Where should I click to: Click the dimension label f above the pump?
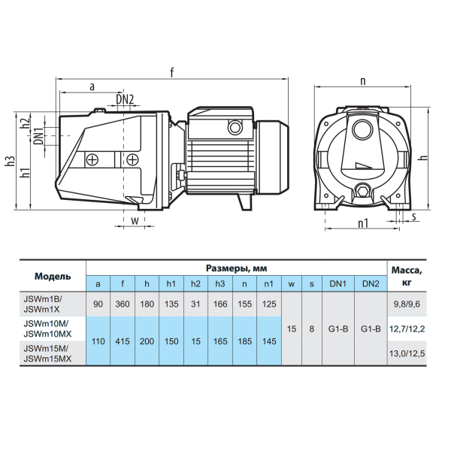tap(172, 72)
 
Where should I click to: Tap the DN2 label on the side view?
tap(125, 99)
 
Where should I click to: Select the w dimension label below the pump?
tap(135, 220)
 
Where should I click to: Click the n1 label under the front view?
tap(363, 223)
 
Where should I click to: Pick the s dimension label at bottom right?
tap(414, 216)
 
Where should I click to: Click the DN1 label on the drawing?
tap(39, 136)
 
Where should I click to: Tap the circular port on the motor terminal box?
tap(235, 126)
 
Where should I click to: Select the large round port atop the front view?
tap(362, 129)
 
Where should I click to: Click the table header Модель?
tap(53, 276)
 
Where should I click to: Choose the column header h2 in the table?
tap(195, 284)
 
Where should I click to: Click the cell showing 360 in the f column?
tap(123, 304)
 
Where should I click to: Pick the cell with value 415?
tap(123, 341)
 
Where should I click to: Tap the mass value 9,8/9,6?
tap(407, 304)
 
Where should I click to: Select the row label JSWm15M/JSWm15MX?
tap(47, 354)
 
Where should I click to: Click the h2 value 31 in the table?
tap(195, 304)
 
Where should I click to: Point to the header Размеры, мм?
tap(237, 268)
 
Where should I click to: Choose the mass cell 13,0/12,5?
tap(407, 353)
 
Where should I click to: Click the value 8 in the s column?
tap(312, 328)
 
